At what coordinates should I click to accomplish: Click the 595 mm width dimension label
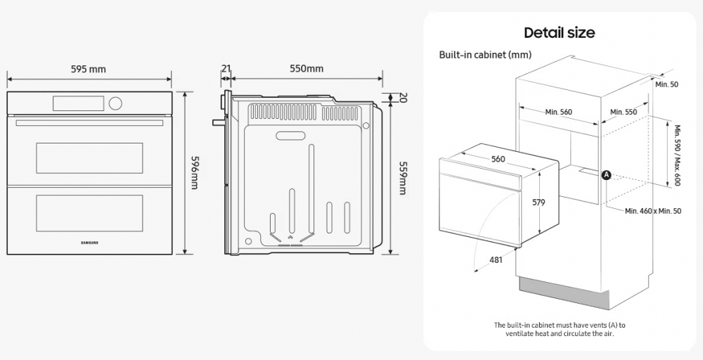pos(88,69)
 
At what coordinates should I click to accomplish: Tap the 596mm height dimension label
pos(195,172)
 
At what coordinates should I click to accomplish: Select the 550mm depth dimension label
pos(307,69)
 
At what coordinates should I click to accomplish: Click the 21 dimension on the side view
pos(226,69)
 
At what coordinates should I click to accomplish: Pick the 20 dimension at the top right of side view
pos(403,97)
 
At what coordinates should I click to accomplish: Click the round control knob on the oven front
pos(115,103)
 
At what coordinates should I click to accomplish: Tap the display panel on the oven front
pos(78,103)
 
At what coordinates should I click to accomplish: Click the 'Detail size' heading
pos(559,32)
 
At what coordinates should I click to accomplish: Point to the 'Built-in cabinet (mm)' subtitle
pos(485,55)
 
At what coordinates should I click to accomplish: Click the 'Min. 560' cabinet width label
pos(558,112)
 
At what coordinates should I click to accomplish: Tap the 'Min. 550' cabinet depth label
pos(624,112)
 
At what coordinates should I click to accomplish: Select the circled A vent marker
pos(606,174)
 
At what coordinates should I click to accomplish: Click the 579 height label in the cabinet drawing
pos(538,202)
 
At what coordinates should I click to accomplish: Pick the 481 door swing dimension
pos(496,260)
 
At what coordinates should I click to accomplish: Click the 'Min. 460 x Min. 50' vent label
pos(653,211)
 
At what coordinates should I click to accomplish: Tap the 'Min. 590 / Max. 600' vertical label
pos(677,155)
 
